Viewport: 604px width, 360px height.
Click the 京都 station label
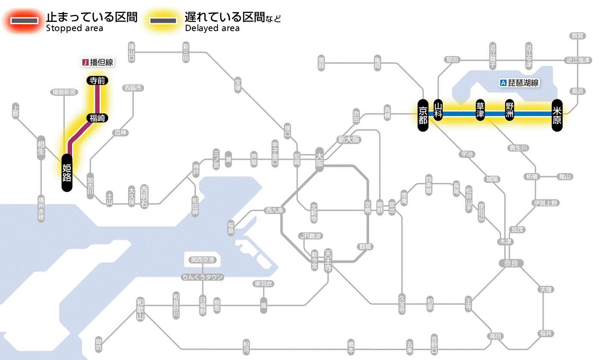coord(423,114)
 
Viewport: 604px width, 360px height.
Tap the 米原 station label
coord(557,114)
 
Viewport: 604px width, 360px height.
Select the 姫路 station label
coord(67,172)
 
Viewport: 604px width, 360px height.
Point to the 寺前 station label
coord(98,80)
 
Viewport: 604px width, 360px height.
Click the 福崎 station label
coord(98,118)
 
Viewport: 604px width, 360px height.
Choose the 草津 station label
coord(480,111)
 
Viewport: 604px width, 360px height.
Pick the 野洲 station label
coord(510,111)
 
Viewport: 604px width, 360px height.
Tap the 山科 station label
coord(438,111)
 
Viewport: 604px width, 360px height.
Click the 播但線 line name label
coord(98,63)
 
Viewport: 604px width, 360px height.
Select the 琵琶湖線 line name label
coord(520,83)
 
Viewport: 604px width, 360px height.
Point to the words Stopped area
coord(75,28)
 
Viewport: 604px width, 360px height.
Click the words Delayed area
coord(212,28)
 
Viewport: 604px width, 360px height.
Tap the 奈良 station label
coord(511,263)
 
